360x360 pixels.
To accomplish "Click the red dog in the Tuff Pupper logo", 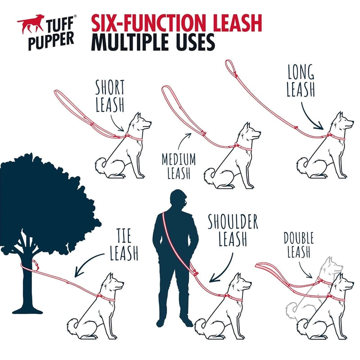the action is [x=30, y=23].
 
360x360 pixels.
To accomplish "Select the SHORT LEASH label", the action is [x=110, y=96].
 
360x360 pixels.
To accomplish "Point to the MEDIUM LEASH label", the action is [x=179, y=166].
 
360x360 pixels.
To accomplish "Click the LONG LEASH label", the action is [x=301, y=81].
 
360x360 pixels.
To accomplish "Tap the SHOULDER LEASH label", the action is [x=233, y=230].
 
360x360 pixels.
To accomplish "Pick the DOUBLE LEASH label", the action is [x=299, y=245].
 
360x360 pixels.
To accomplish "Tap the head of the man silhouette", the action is [x=178, y=199].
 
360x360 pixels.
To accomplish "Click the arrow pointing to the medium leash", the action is [x=183, y=141].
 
